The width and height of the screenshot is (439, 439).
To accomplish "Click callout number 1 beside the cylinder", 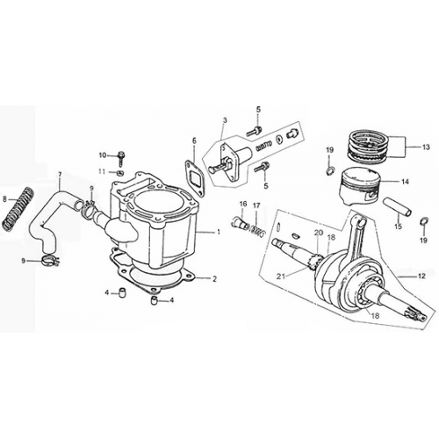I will click(219, 232).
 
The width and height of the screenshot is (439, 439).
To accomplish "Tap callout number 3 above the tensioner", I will click(224, 119).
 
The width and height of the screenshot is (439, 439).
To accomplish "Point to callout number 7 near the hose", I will click(61, 174).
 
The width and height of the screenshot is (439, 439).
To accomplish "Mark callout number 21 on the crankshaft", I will click(281, 277).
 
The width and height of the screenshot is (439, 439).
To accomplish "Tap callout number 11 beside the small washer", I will click(102, 170).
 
